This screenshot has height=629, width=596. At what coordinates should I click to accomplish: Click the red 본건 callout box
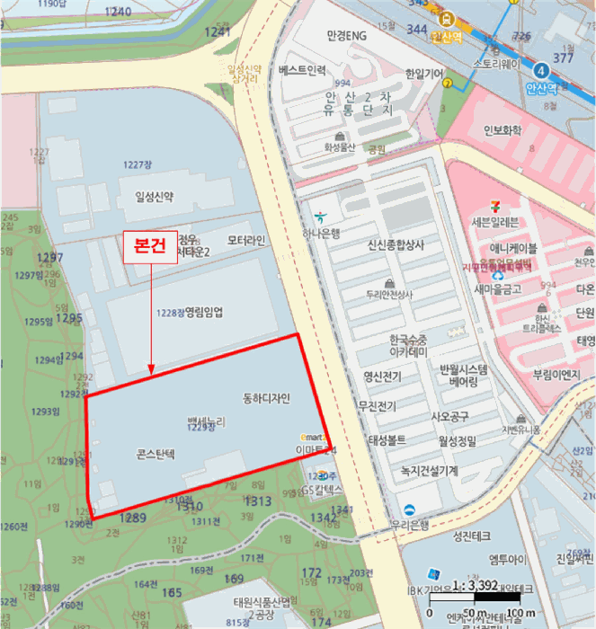[x=150, y=248]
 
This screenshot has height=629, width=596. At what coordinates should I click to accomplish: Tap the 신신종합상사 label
[x=396, y=244]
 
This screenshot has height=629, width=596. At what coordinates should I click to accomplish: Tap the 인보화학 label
[x=503, y=130]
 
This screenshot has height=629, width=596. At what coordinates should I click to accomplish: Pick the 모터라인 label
[x=246, y=241]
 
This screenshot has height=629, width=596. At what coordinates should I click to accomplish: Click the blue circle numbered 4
[x=540, y=70]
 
